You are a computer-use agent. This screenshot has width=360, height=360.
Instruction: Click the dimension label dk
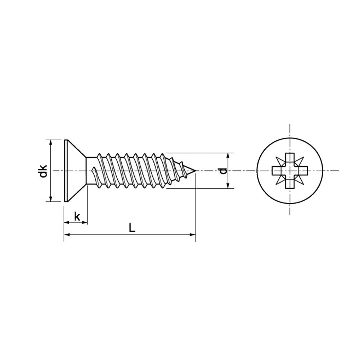click(x=43, y=171)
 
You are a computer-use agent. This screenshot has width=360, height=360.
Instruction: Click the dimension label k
click(x=77, y=216)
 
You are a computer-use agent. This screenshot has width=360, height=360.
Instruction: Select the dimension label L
click(x=132, y=228)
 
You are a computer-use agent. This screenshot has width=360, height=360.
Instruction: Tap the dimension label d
click(x=222, y=171)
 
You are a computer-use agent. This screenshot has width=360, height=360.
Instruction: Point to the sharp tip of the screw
click(x=196, y=171)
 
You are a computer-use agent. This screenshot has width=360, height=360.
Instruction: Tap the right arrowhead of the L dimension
click(x=193, y=235)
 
